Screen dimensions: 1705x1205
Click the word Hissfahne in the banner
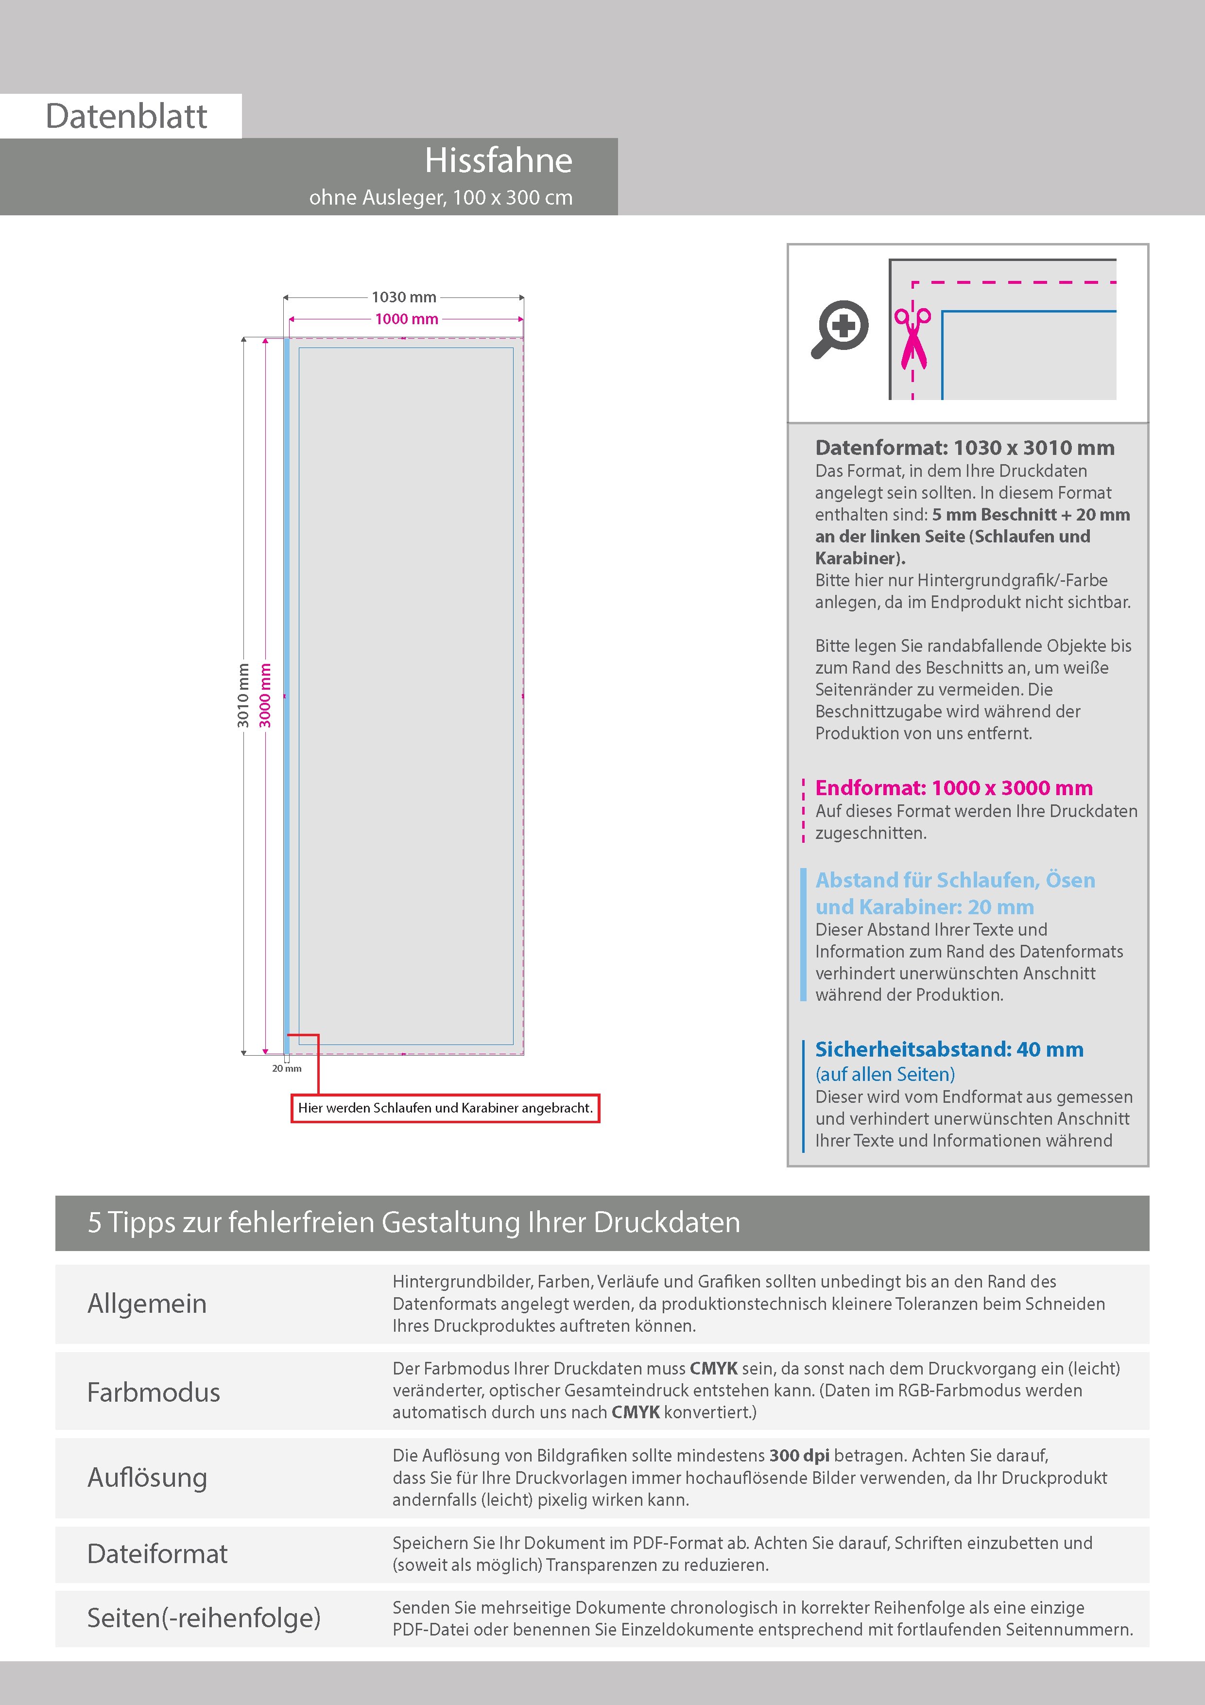498,160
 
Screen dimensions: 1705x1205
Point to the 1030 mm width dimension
403,297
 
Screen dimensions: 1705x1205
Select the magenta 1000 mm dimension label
406,319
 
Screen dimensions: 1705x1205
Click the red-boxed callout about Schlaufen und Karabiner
445,1108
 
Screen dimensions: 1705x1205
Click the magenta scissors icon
912,338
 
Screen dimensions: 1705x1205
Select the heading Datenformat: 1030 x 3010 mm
964,448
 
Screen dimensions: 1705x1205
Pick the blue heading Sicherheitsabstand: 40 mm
949,1049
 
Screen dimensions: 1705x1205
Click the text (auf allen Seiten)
885,1074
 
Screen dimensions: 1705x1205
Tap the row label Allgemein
147,1303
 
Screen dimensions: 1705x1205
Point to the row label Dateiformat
157,1553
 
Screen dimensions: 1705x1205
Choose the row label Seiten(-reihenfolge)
204,1618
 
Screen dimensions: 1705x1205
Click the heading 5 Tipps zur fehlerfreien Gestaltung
413,1222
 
